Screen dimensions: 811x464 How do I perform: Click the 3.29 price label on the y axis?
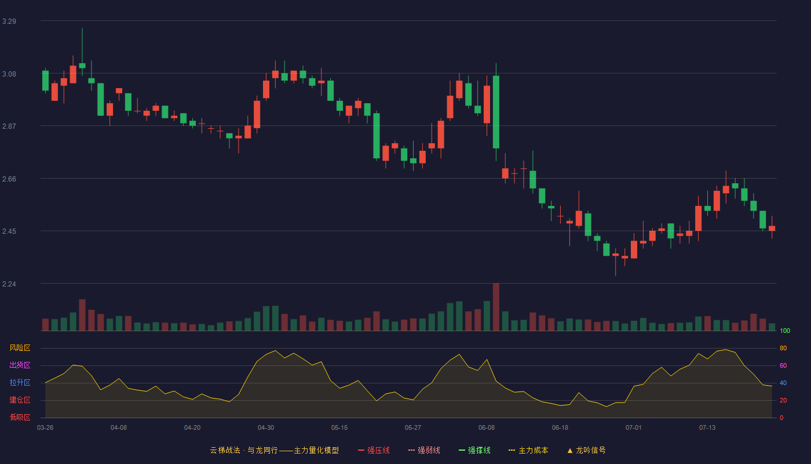point(9,21)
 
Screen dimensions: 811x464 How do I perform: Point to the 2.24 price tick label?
point(9,284)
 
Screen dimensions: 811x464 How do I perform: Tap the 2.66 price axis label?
point(9,179)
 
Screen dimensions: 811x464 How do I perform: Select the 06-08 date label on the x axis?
point(486,428)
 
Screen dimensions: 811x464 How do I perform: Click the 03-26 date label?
point(45,428)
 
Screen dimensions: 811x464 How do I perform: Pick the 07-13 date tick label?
point(707,428)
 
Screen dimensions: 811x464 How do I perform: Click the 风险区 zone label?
point(20,348)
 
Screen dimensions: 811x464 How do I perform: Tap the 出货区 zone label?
point(20,365)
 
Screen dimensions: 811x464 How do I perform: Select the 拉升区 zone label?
point(20,382)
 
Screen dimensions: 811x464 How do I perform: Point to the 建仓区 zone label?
point(20,400)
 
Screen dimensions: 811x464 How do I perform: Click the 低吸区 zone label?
point(20,417)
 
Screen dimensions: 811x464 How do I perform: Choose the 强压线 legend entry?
point(374,450)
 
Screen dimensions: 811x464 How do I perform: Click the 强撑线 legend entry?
point(474,450)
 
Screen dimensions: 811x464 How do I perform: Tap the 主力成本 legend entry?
point(528,450)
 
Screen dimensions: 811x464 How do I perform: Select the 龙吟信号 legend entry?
point(586,450)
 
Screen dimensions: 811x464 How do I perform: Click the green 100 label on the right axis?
point(785,331)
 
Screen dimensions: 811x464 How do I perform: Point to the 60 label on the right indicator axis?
point(783,365)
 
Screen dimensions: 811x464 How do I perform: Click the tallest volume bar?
point(496,307)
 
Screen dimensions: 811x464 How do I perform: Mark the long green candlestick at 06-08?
point(496,112)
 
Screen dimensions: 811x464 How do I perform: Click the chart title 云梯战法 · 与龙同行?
point(244,450)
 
